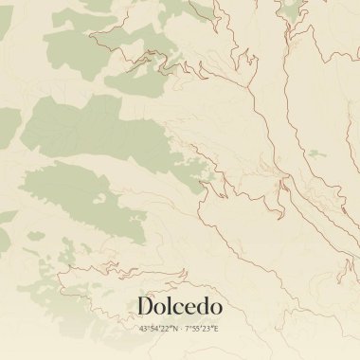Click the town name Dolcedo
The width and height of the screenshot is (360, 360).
coord(180,306)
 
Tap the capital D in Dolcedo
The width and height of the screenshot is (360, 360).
coord(146,306)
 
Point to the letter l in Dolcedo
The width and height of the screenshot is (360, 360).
coord(169,305)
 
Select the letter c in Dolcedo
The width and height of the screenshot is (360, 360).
coord(177,308)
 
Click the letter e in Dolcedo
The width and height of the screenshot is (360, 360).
coord(189,308)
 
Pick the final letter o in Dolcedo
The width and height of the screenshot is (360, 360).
coord(215,308)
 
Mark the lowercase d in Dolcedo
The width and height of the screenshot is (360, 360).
coord(201,306)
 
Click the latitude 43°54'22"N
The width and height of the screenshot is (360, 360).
coord(158,329)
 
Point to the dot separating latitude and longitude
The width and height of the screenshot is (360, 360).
coord(181,329)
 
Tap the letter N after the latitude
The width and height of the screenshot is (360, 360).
coord(174,329)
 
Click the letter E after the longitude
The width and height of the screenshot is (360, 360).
coord(217,329)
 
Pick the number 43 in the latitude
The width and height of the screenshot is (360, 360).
coord(143,329)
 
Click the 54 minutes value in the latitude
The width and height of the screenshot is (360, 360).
coord(153,329)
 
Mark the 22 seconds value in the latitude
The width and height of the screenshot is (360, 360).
coord(165,329)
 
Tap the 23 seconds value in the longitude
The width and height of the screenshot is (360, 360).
coord(207,329)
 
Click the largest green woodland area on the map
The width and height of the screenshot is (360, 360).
coord(99,133)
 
